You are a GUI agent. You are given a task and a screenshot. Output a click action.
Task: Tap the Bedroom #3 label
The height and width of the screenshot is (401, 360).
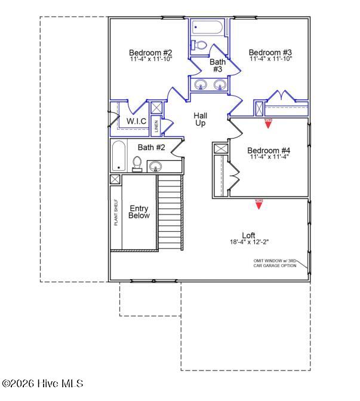270,52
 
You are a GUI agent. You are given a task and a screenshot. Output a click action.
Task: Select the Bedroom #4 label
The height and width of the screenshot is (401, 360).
269,151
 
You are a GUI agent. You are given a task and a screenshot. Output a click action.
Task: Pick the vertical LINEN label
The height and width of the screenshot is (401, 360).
156,126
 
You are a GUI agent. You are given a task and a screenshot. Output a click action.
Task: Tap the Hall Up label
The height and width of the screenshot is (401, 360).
200,119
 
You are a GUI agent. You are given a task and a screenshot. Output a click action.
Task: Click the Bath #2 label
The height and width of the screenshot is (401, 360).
151,147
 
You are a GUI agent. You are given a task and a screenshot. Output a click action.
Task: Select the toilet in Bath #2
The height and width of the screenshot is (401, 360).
137,163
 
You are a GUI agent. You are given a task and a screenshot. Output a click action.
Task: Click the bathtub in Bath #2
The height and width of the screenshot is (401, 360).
118,155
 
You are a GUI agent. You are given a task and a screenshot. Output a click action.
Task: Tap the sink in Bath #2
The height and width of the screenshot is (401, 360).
156,166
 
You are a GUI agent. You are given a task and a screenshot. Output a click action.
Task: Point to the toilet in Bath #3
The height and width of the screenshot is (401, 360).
200,45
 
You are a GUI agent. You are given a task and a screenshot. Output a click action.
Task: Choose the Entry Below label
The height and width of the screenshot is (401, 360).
139,212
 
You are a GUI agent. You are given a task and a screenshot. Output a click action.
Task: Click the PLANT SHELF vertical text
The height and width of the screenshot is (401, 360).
116,213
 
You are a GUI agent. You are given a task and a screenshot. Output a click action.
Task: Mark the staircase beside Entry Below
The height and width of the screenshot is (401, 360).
170,212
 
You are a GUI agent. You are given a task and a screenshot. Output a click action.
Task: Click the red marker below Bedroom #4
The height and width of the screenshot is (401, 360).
259,204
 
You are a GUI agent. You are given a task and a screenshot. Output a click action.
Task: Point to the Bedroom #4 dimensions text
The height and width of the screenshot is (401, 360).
269,158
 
